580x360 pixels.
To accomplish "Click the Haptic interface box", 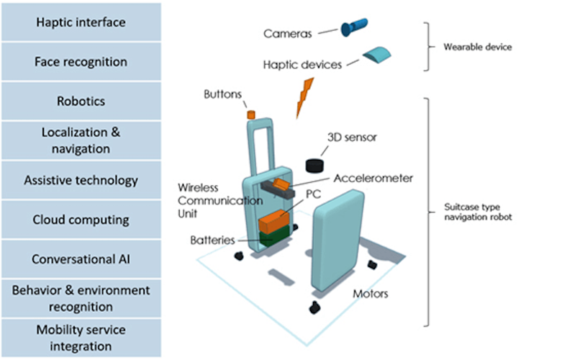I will (x=81, y=22).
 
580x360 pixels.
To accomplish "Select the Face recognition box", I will (x=81, y=62).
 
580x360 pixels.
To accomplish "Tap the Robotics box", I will (x=81, y=102).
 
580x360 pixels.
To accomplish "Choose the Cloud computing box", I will (x=81, y=220).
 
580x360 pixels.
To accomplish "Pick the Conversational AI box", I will (x=81, y=259).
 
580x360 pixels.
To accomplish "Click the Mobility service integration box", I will (x=81, y=338).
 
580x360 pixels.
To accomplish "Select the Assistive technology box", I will (x=81, y=180).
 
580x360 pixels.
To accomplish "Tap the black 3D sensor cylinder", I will (x=315, y=164).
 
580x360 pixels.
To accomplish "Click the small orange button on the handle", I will (x=251, y=114).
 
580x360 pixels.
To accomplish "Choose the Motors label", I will (x=371, y=294).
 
